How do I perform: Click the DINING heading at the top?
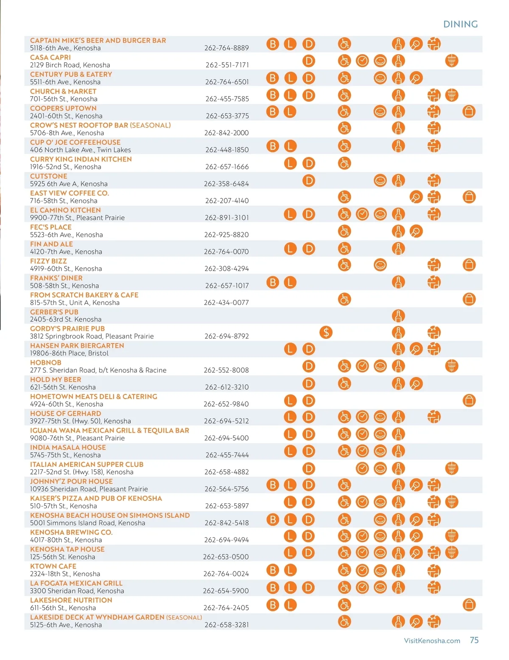[460, 24]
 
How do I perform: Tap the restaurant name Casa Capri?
[50, 57]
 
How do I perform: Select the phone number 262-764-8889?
[227, 48]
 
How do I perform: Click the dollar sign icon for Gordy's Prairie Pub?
[326, 332]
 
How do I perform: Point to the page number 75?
[474, 640]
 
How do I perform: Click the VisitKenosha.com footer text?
[432, 641]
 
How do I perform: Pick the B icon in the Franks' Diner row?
[273, 282]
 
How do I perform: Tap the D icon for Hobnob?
[309, 366]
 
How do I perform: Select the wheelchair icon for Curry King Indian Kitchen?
[344, 163]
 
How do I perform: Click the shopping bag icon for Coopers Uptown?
[469, 111]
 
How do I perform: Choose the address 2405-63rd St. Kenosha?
[66, 319]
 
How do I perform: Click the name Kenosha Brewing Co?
[71, 532]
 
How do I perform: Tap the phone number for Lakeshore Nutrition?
[226, 607]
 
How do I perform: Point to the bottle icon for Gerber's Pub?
[398, 316]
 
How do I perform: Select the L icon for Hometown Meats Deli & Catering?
[290, 400]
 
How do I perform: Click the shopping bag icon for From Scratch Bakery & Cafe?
[469, 299]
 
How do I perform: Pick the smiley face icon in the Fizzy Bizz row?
[380, 265]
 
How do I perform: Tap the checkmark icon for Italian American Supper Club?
[362, 468]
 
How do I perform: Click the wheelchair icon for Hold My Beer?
[344, 384]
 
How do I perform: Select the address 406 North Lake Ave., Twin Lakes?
[80, 150]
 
